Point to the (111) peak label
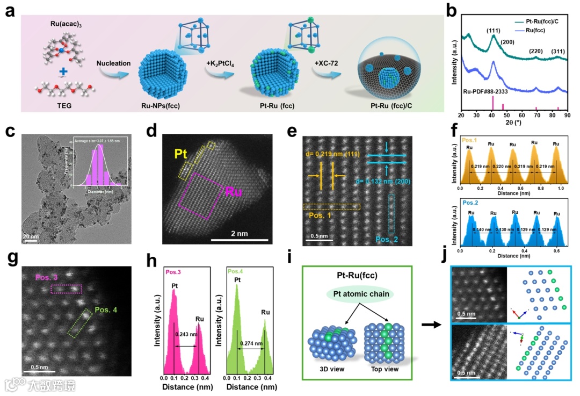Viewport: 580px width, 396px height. click(x=492, y=31)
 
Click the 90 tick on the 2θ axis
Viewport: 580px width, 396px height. click(x=567, y=115)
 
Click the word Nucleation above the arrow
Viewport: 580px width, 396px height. click(x=113, y=63)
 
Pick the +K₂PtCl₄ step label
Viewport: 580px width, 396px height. click(x=222, y=63)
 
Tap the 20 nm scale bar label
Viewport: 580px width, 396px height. click(x=30, y=236)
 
